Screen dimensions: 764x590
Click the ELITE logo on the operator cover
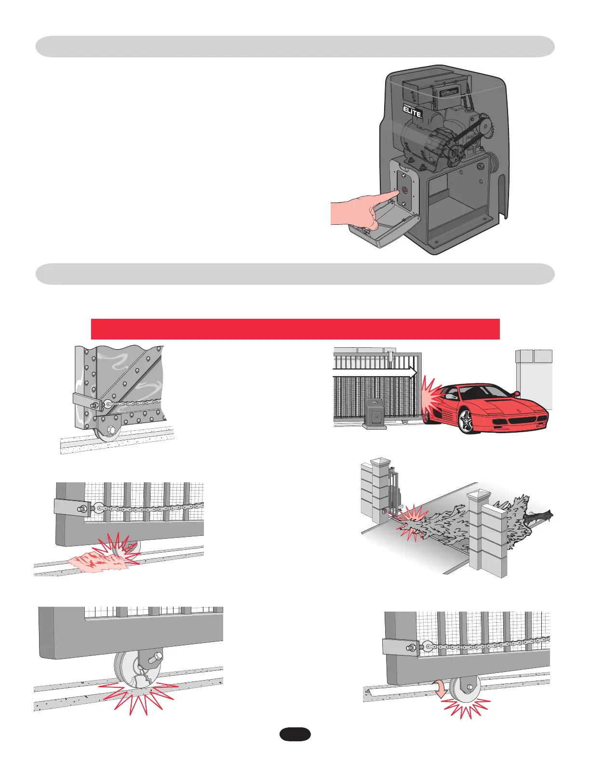coord(413,112)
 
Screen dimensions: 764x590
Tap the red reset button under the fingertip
coord(404,189)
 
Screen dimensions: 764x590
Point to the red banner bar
coord(295,329)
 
